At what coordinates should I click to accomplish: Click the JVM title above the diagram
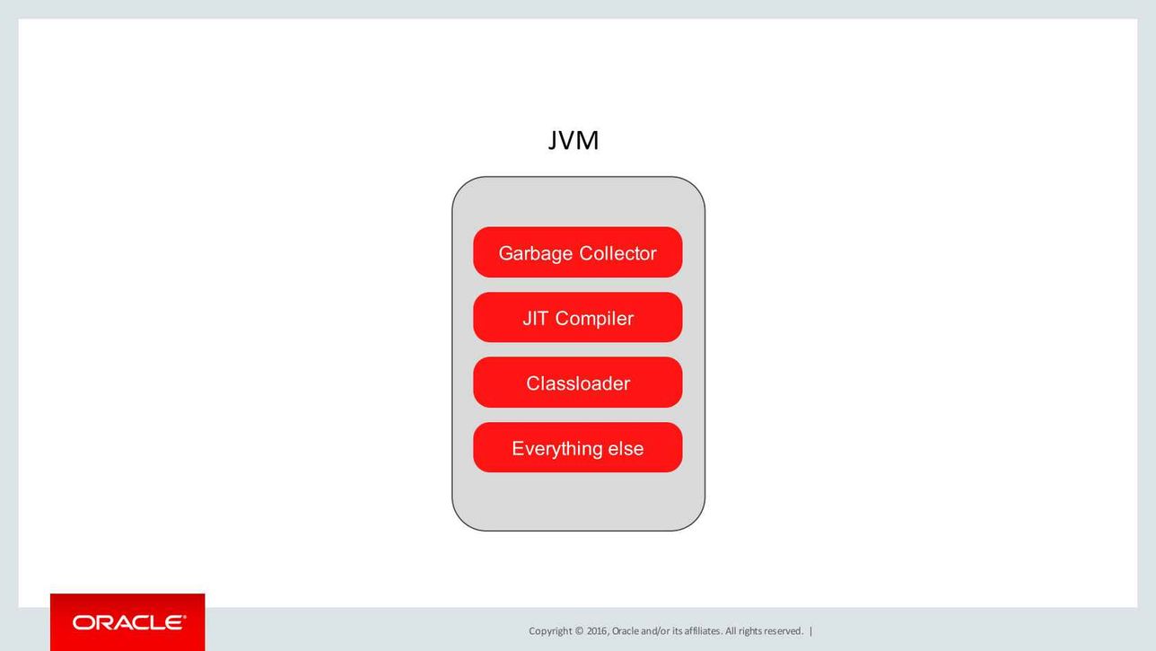(x=573, y=140)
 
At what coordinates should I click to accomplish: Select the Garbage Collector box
(x=577, y=252)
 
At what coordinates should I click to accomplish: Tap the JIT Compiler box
(x=577, y=318)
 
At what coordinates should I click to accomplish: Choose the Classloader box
(x=577, y=383)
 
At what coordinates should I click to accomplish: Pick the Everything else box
(x=577, y=447)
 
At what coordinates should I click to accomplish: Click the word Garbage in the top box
(x=536, y=254)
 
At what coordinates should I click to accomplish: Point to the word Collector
(x=617, y=253)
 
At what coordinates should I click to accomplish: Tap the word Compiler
(x=594, y=319)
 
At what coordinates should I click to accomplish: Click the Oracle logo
(x=128, y=622)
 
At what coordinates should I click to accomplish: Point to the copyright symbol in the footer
(x=579, y=631)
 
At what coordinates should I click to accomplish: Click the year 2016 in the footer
(x=598, y=631)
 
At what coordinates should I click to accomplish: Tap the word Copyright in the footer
(x=550, y=631)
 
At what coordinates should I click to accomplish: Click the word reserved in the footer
(x=784, y=631)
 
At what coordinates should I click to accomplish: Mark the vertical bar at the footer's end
(x=810, y=631)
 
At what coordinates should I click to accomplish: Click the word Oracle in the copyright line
(x=625, y=631)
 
